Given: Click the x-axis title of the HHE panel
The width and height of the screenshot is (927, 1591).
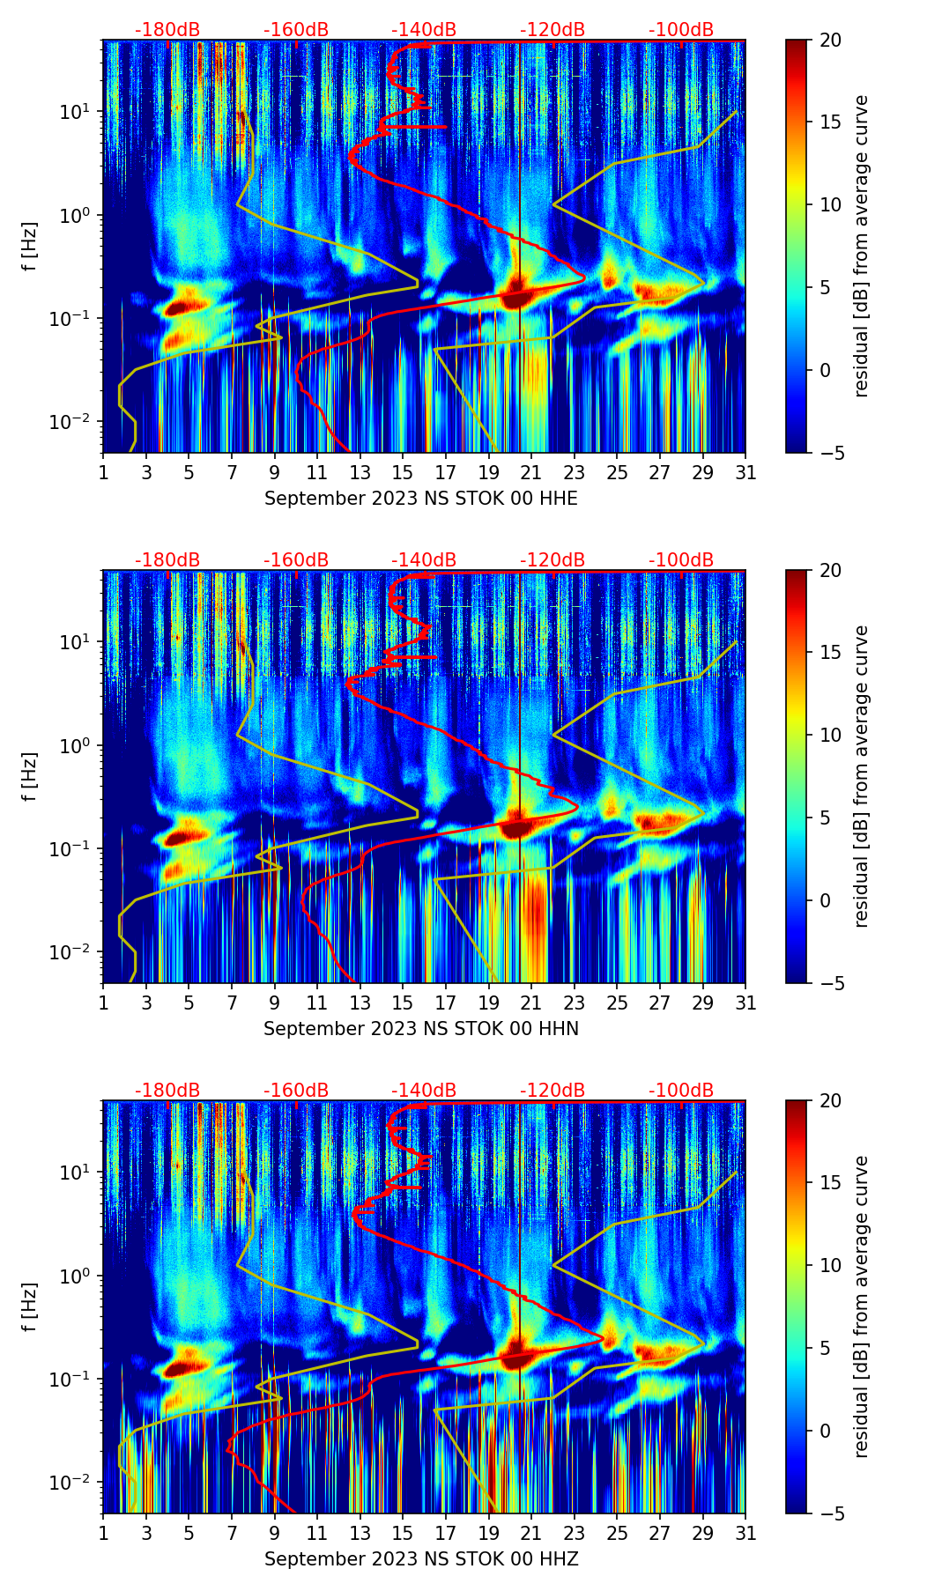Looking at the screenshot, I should pos(421,499).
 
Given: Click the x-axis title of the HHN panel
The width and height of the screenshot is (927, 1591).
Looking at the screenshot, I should pos(421,1029).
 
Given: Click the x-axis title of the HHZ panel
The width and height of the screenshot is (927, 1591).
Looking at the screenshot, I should pos(421,1559).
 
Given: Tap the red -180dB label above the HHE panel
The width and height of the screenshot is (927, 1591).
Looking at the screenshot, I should pos(167,30).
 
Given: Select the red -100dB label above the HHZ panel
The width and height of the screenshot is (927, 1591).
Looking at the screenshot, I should pos(681,1091).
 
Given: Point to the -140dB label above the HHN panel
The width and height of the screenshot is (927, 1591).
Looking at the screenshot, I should pos(424,560).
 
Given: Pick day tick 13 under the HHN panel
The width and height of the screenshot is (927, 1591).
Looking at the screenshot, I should pos(360,1003).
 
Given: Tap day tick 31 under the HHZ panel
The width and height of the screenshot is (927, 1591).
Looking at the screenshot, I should pos(745,1534).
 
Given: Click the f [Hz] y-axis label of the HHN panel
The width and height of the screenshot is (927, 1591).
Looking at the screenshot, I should pos(30,776).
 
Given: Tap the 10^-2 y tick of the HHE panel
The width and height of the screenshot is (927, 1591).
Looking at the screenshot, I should pos(73,422).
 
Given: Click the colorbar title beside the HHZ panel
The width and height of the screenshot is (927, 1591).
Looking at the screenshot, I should pos(862,1306).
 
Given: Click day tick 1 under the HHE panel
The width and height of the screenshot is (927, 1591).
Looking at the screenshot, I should pos(103,473).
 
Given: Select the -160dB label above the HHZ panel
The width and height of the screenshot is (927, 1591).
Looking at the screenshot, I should pos(296,1091).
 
